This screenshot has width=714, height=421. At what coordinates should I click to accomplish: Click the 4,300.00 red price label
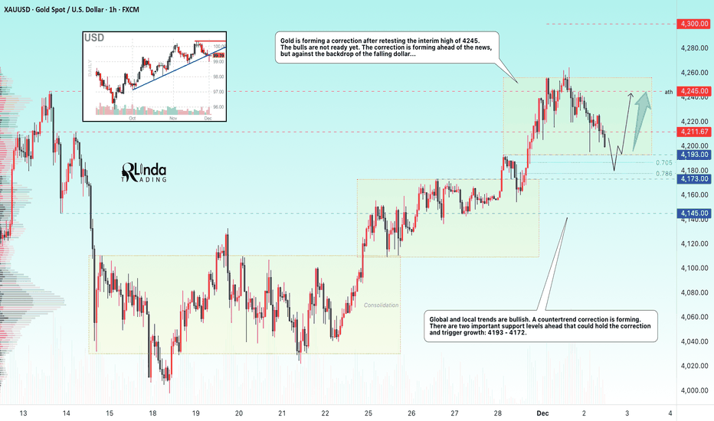coord(693,24)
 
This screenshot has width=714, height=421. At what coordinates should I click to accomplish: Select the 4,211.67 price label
coord(693,132)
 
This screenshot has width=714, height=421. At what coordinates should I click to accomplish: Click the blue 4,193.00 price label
coord(693,155)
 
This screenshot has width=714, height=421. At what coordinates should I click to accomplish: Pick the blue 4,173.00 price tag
coord(693,178)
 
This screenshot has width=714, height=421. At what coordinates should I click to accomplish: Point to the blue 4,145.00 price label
coord(693,213)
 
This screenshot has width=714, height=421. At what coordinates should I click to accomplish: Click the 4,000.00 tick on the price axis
coord(693,390)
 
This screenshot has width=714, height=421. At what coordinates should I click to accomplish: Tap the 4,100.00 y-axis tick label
coord(693,268)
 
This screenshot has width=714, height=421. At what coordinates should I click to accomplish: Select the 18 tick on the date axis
coord(152,413)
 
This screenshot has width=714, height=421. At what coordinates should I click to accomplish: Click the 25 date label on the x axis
coord(368,413)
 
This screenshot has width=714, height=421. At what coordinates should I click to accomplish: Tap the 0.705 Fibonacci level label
coord(664,162)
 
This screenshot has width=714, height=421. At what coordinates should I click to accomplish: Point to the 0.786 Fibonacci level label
coord(664,174)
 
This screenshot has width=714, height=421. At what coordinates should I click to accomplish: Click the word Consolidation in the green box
coord(381,305)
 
